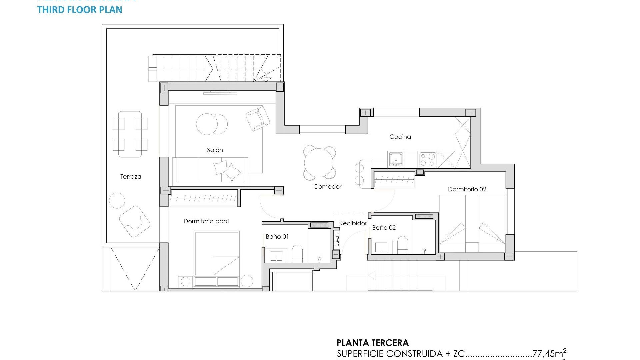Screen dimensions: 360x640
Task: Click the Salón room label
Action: click(215, 150)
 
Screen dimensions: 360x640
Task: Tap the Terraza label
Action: click(131, 177)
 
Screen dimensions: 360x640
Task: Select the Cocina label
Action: click(400, 137)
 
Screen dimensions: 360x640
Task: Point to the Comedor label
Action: click(327, 187)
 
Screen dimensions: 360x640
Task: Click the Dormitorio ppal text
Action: click(206, 221)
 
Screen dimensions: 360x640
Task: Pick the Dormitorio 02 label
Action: click(467, 189)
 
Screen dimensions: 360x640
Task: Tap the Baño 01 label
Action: click(277, 237)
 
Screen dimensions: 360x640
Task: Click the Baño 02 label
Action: click(384, 228)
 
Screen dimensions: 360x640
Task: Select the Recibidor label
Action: click(353, 223)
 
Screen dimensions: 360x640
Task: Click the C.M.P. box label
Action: click(337, 239)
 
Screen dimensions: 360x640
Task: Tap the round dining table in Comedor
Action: click(319, 163)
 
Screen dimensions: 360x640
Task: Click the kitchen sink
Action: click(396, 159)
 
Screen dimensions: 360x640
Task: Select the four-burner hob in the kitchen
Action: click(428, 159)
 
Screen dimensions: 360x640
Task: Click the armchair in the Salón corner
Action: click(257, 118)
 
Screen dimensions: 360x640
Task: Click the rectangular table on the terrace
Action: click(130, 134)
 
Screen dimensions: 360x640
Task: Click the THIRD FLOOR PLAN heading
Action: click(80, 10)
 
